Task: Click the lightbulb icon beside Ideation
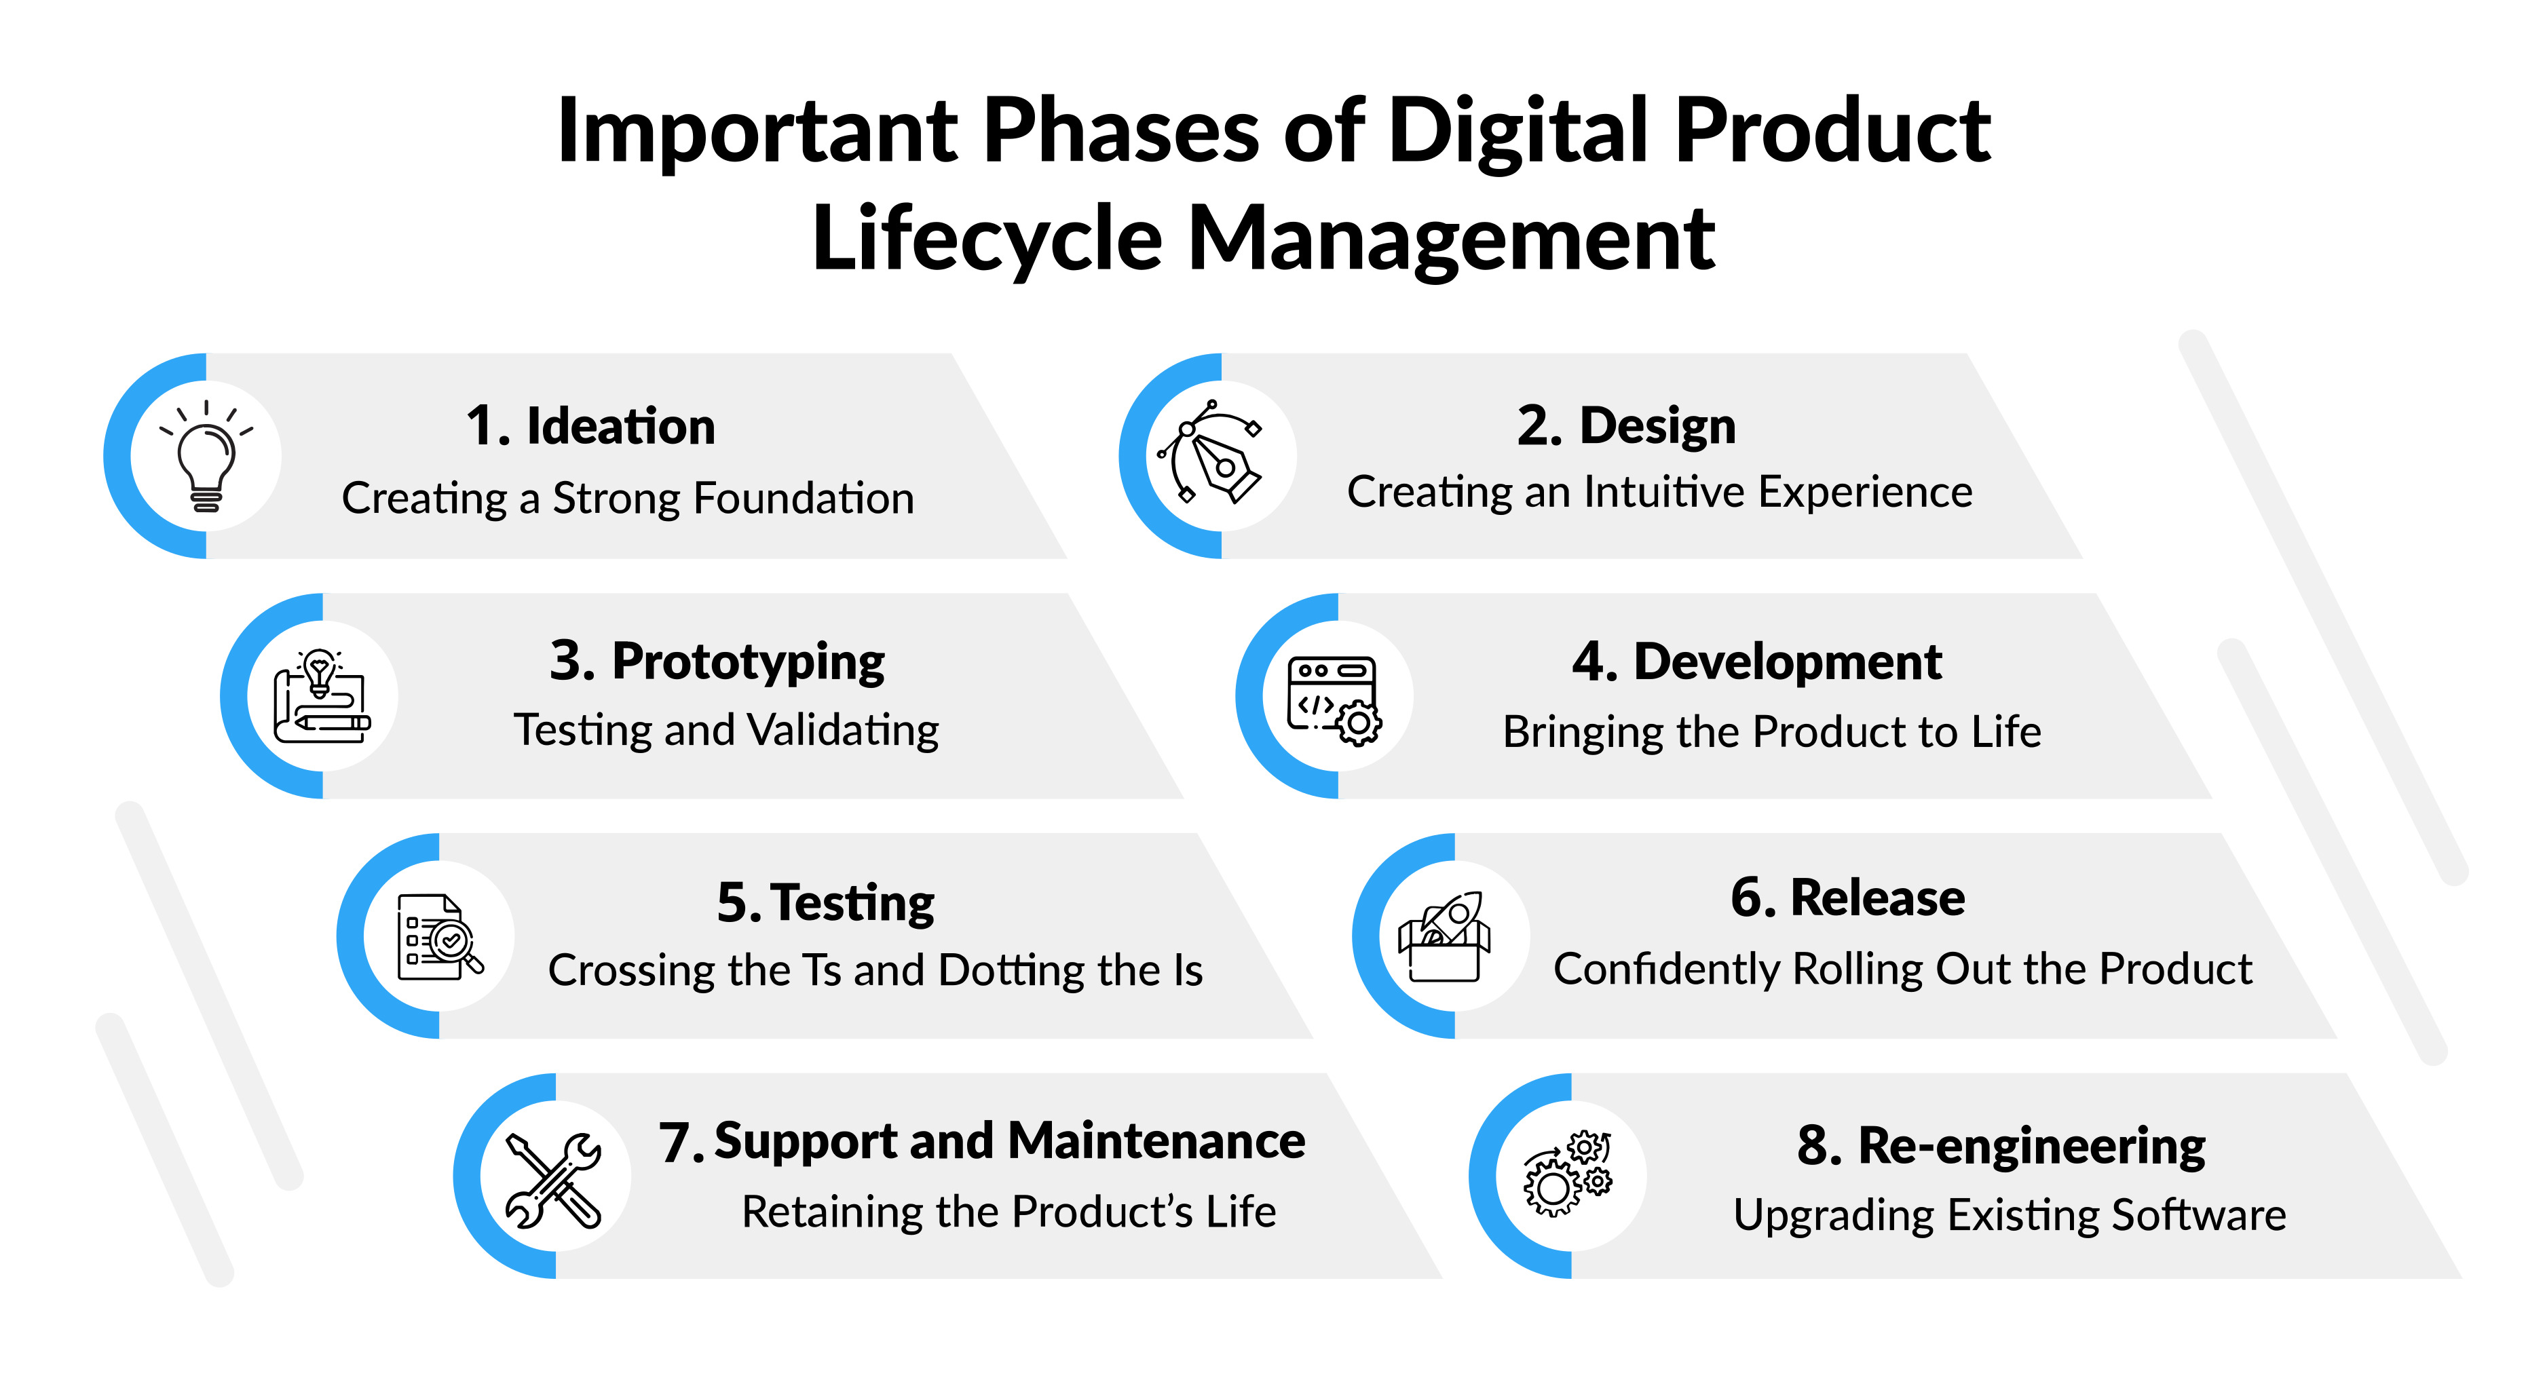point(206,457)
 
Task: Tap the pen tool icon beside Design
point(1210,453)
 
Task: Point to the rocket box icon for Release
point(1444,936)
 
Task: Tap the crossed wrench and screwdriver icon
point(553,1181)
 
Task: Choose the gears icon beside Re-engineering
point(1568,1174)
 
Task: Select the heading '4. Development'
point(1756,662)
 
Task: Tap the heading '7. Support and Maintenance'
point(982,1142)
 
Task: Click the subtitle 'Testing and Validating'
point(726,731)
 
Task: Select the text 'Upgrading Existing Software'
point(2010,1216)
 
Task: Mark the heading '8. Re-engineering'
point(2001,1146)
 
